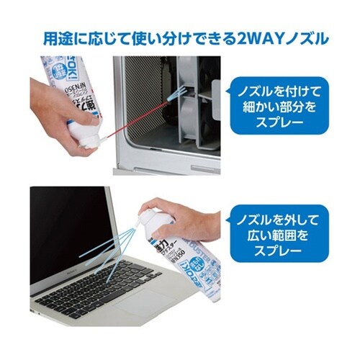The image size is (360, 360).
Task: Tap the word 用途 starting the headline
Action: (55, 37)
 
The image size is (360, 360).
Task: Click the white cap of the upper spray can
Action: (85, 135)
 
